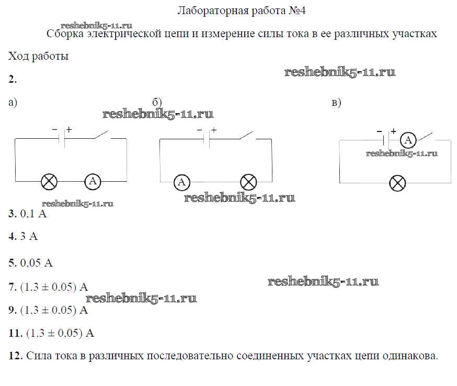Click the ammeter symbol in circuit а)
(x=93, y=182)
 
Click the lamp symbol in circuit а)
(x=49, y=182)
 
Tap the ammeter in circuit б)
(x=181, y=182)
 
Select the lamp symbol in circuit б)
(x=248, y=182)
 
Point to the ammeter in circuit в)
(x=408, y=140)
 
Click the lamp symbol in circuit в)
(x=397, y=183)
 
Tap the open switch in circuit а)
(x=102, y=135)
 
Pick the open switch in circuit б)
(x=247, y=136)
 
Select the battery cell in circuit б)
(x=207, y=139)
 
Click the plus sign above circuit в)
(x=393, y=131)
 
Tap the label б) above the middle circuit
(x=157, y=102)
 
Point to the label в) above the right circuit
(x=336, y=103)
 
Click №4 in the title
(x=297, y=11)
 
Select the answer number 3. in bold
(x=13, y=214)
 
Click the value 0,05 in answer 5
(x=30, y=263)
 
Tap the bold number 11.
(x=16, y=333)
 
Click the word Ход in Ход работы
(x=18, y=56)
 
